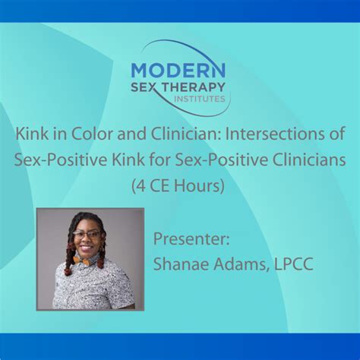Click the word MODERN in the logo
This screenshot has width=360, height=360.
[178, 70]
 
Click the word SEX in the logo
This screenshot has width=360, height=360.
[144, 89]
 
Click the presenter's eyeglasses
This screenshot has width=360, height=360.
[88, 235]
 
